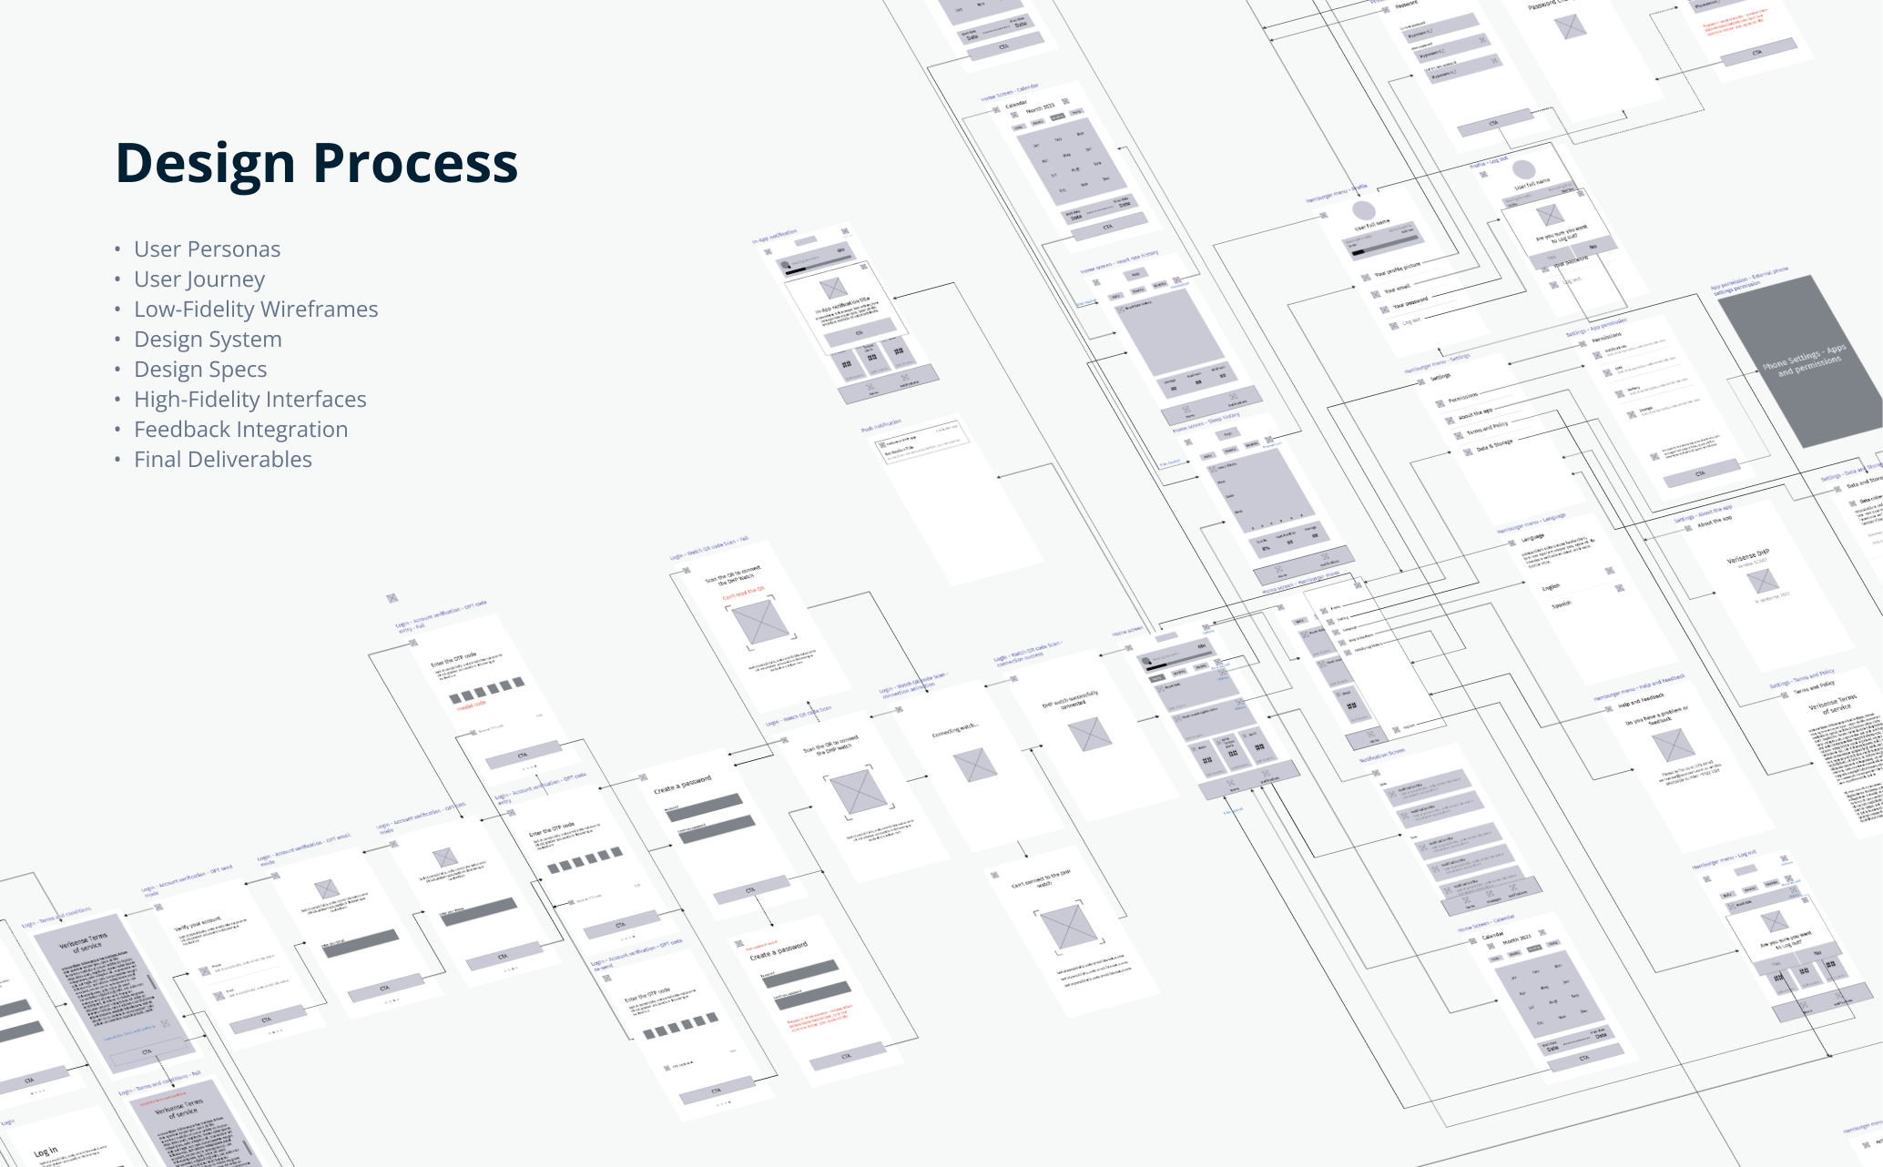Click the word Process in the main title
pyautogui.click(x=415, y=164)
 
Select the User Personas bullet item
pyautogui.click(x=207, y=249)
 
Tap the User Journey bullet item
pyautogui.click(x=199, y=279)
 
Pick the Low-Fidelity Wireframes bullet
pyautogui.click(x=256, y=310)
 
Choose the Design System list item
pyautogui.click(x=208, y=340)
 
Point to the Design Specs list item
pyautogui.click(x=200, y=370)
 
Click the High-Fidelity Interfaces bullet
pyautogui.click(x=249, y=400)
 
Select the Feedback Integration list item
pyautogui.click(x=240, y=430)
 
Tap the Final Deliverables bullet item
pyautogui.click(x=222, y=460)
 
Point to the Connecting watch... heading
pyautogui.click(x=955, y=731)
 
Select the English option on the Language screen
pyautogui.click(x=1551, y=587)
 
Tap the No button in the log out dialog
pyautogui.click(x=1593, y=247)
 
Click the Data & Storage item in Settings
pyautogui.click(x=1494, y=445)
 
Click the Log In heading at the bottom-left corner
pyautogui.click(x=46, y=1152)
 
